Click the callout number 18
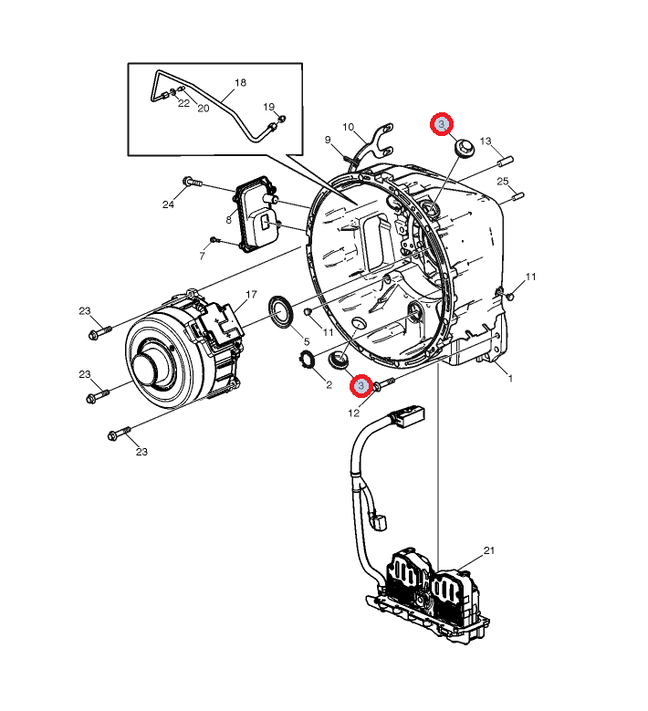pyautogui.click(x=240, y=82)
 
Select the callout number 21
pyautogui.click(x=489, y=550)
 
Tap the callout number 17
pyautogui.click(x=251, y=295)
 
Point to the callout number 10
pyautogui.click(x=349, y=127)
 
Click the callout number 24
pyautogui.click(x=168, y=204)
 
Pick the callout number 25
pyautogui.click(x=503, y=182)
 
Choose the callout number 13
pyautogui.click(x=486, y=141)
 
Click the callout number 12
pyautogui.click(x=354, y=413)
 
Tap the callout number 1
pyautogui.click(x=510, y=378)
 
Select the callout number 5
pyautogui.click(x=307, y=341)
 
